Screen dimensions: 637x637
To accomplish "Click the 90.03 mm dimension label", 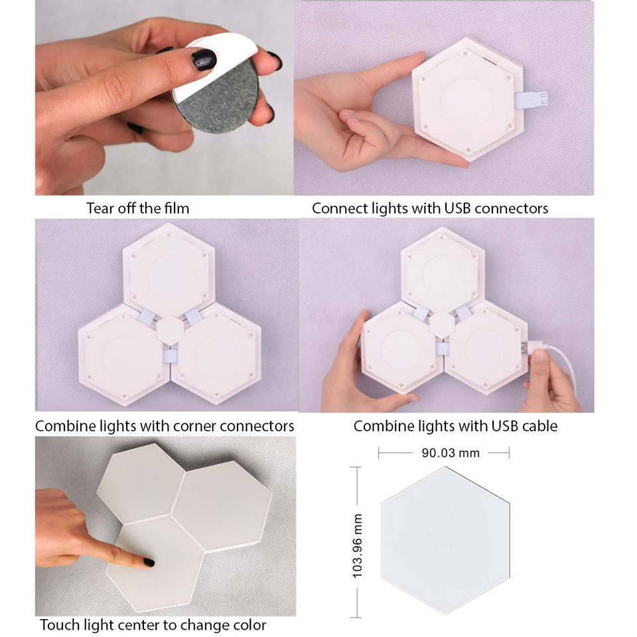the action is [x=451, y=453].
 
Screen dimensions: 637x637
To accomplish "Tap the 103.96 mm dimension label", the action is [x=357, y=546].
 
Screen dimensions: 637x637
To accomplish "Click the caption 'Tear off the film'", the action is [x=138, y=208].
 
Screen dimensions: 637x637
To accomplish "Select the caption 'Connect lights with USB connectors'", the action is [x=430, y=208].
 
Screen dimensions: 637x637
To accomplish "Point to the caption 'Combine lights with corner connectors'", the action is [x=165, y=426].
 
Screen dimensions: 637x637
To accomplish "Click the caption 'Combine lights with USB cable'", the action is [x=455, y=426].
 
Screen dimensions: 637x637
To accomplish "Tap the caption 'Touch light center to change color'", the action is [x=153, y=625].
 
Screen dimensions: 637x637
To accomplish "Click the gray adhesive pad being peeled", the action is [x=218, y=100].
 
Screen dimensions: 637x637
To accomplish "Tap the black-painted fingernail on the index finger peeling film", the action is [x=204, y=59].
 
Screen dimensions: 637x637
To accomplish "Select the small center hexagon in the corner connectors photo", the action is [x=171, y=330].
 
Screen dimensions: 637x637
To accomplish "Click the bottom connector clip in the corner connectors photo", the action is [x=171, y=356].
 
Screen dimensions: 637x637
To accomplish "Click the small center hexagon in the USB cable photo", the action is [x=442, y=325].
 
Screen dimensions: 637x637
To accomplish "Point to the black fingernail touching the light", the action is [x=149, y=563].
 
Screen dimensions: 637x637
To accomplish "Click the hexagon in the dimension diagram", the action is [x=445, y=540].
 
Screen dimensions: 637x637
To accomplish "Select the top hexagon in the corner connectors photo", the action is [x=169, y=269].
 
